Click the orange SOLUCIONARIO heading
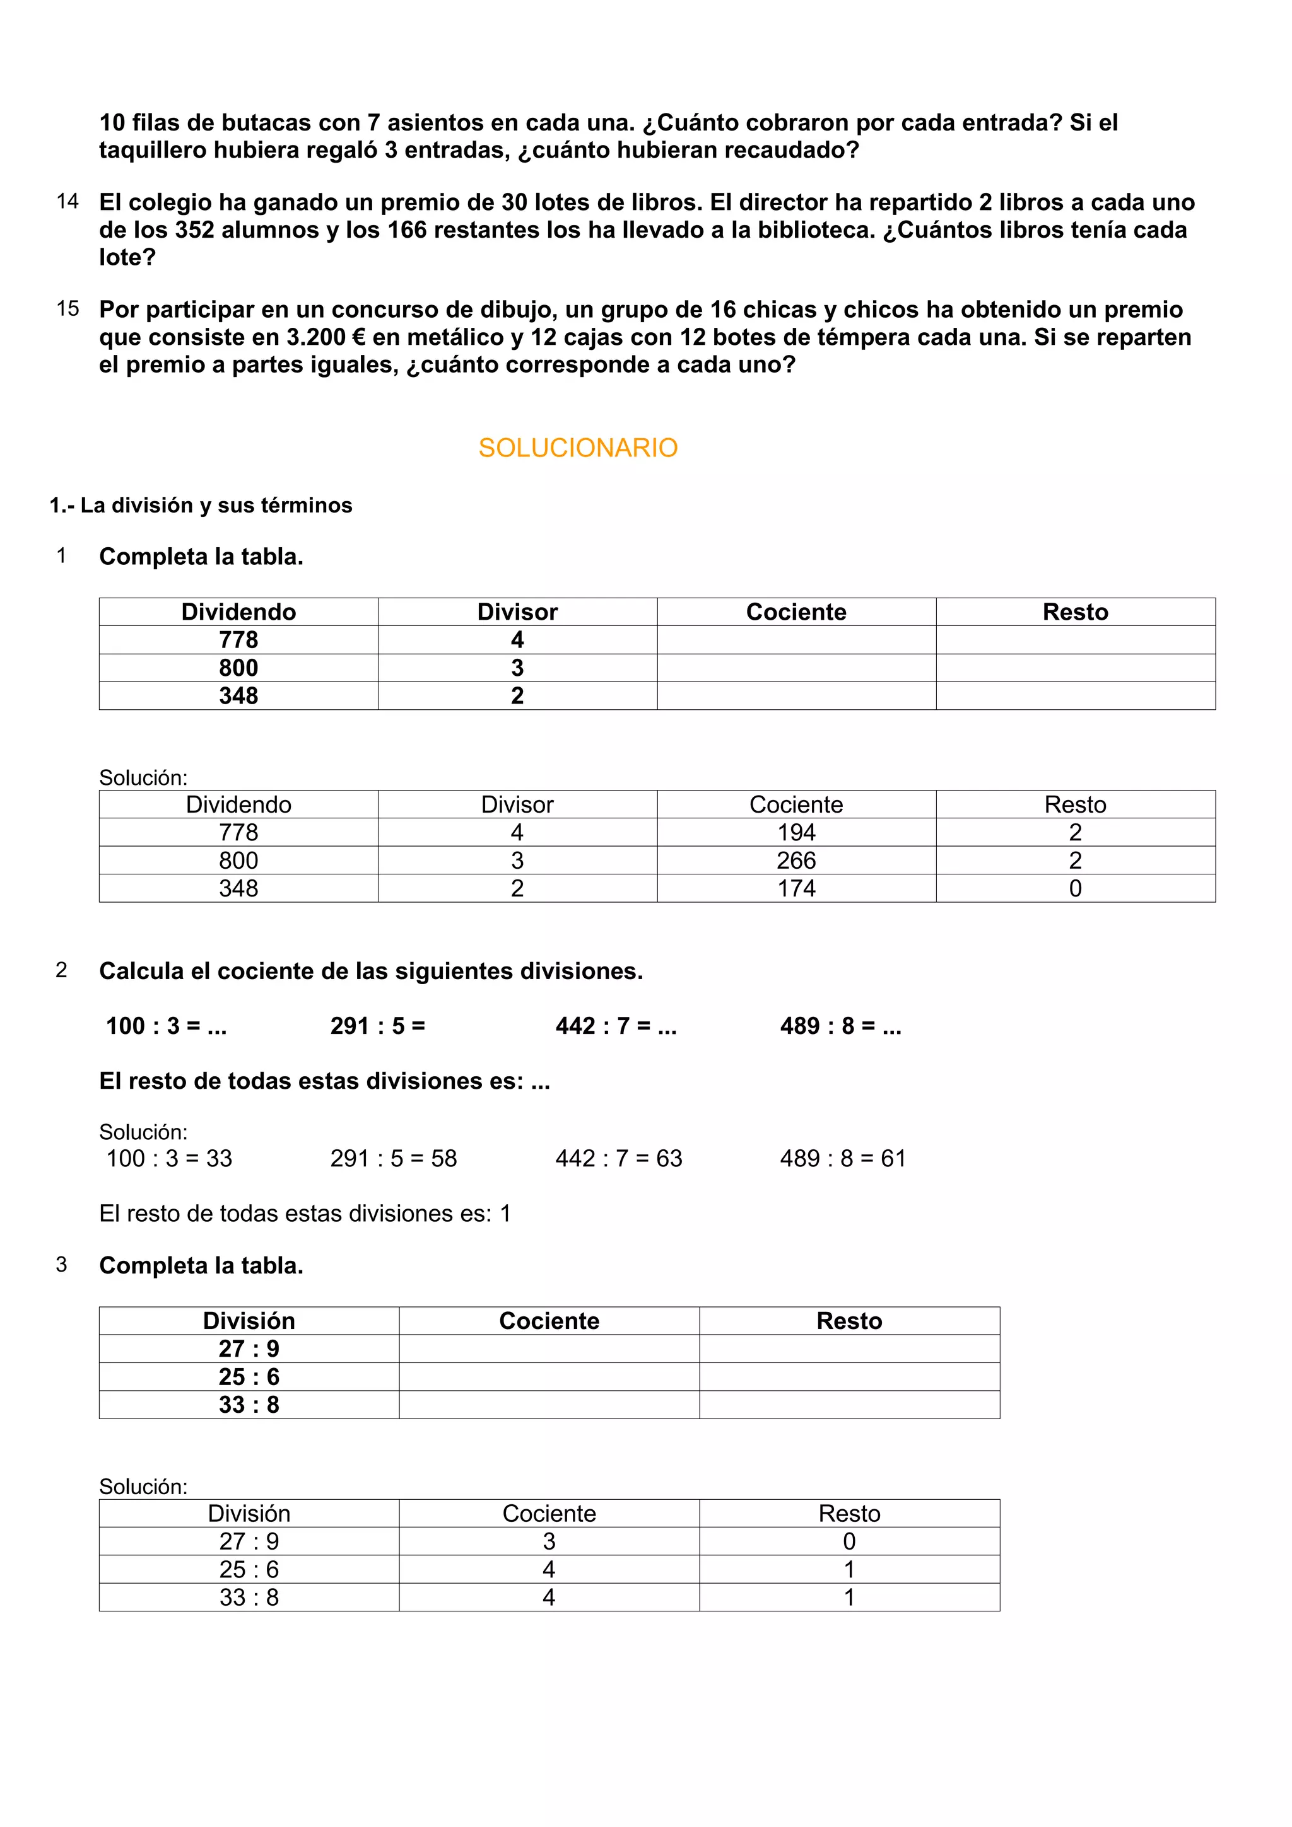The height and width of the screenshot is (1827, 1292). click(577, 448)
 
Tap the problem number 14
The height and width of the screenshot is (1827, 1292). click(68, 201)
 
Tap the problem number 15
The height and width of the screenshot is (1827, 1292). click(68, 309)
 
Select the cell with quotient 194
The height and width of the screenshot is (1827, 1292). click(796, 832)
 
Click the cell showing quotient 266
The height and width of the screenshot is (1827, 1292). click(796, 860)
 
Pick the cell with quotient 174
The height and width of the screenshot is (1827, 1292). click(796, 888)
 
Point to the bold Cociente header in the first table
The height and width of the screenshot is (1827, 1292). click(796, 612)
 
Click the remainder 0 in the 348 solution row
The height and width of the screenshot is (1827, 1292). click(1075, 888)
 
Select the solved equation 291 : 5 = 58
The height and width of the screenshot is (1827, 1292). click(393, 1159)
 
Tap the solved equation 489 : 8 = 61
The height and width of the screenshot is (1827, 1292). click(843, 1159)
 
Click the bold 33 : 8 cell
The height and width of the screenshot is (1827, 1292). click(249, 1405)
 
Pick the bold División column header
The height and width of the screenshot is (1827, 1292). click(249, 1321)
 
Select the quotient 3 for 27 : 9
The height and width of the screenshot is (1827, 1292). click(548, 1541)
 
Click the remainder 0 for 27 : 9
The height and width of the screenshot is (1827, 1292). click(849, 1541)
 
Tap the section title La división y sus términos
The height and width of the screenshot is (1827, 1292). click(216, 505)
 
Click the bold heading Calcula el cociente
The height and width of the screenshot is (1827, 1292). click(370, 971)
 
